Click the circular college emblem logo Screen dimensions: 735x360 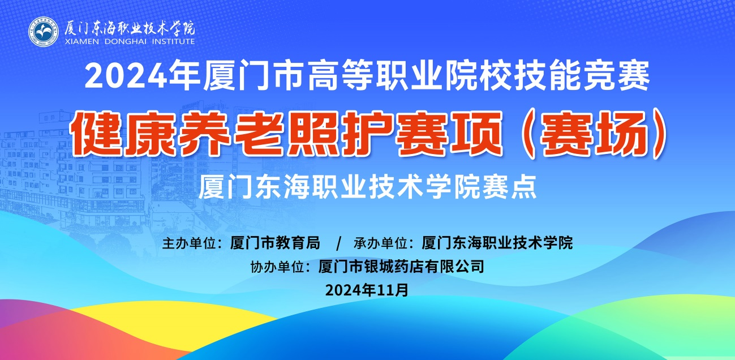coord(44,32)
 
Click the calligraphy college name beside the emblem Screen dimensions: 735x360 coord(130,28)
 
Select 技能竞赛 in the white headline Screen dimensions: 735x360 coord(582,75)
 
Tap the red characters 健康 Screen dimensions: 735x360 coord(122,134)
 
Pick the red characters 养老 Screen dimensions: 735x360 coord(230,134)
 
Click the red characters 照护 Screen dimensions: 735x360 coord(339,134)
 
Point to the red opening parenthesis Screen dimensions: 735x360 coord(527,134)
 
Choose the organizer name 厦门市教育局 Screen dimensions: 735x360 coord(275,243)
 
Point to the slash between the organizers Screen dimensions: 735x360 coord(338,243)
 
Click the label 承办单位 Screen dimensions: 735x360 coord(380,243)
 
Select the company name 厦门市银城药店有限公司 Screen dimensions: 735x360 coord(401,267)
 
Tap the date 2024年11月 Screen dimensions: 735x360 coord(367,290)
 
